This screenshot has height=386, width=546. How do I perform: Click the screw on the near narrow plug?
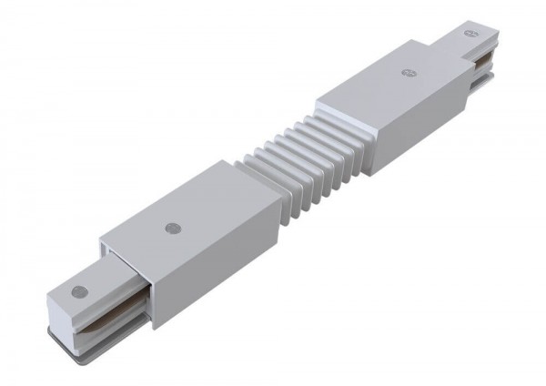79,291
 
